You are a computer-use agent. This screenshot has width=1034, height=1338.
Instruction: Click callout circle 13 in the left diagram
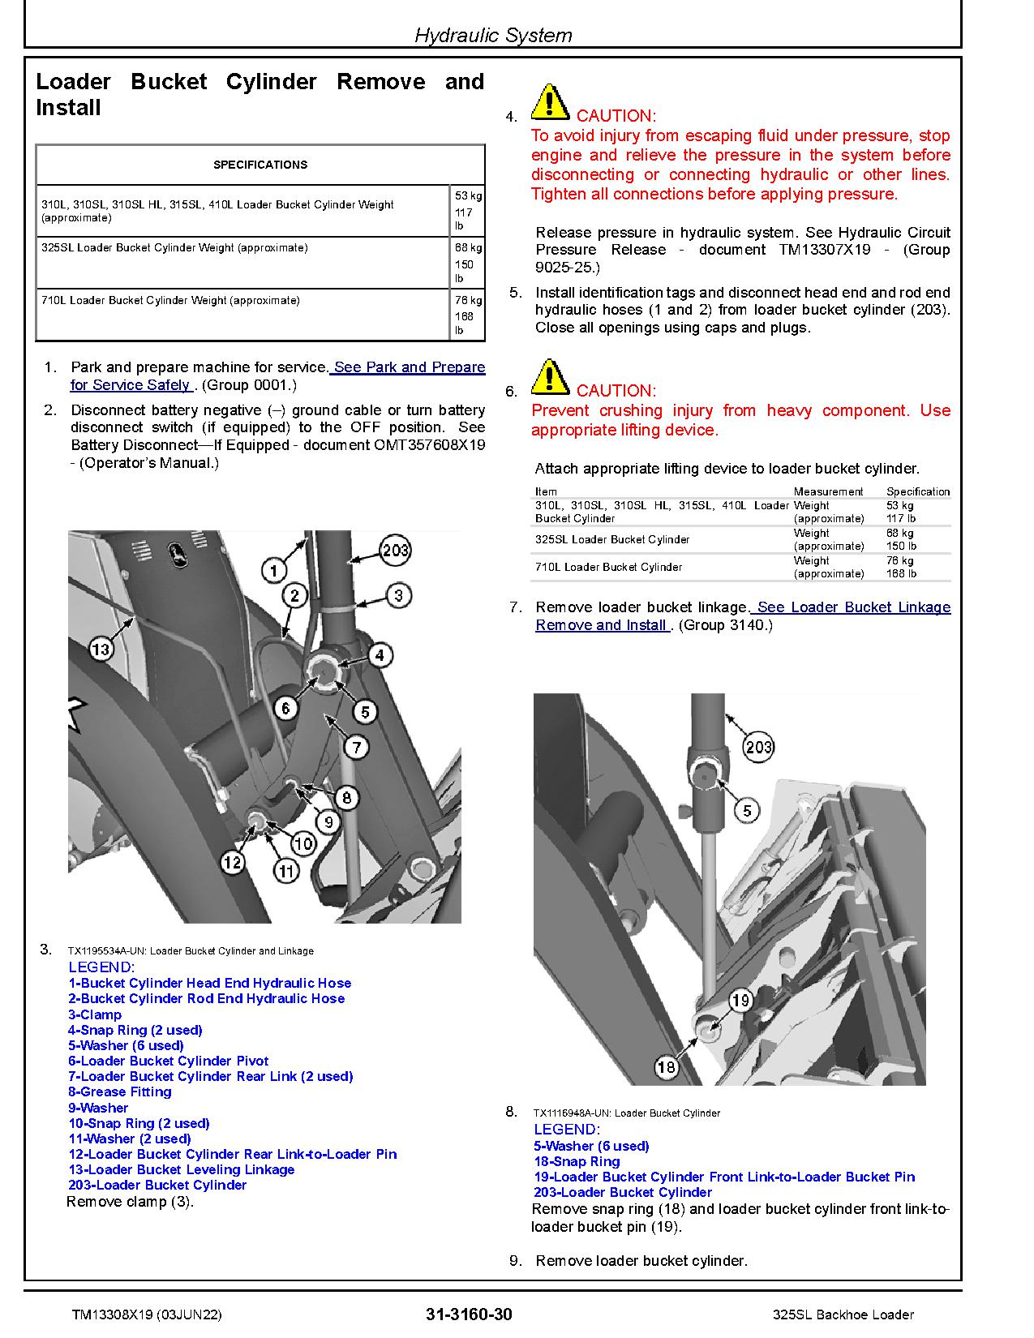point(100,649)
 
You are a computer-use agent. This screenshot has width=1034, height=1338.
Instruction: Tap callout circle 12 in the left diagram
point(233,862)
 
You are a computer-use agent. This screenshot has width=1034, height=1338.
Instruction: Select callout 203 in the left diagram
point(395,551)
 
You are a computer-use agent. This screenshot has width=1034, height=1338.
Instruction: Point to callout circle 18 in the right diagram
point(667,1066)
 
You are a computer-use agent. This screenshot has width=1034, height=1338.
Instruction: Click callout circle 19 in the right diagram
point(740,1001)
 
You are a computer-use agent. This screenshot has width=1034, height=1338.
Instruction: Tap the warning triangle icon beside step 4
point(549,102)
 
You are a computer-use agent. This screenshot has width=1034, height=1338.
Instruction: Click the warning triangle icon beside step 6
point(549,377)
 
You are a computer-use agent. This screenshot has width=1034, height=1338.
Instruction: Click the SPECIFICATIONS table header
point(260,165)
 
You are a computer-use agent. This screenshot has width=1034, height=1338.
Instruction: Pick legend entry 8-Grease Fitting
point(120,1091)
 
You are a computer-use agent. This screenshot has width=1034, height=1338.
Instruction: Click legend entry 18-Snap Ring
point(577,1161)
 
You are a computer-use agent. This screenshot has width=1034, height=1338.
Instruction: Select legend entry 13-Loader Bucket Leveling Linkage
point(181,1169)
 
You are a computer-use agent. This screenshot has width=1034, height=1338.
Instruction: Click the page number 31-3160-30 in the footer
point(469,1314)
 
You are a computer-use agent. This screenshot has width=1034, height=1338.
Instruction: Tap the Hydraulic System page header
point(493,35)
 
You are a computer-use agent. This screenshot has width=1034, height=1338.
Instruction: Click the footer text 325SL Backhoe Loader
point(843,1314)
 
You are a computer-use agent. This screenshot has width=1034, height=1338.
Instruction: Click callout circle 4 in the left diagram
point(379,655)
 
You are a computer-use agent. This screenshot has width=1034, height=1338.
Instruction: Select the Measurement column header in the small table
point(827,491)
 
